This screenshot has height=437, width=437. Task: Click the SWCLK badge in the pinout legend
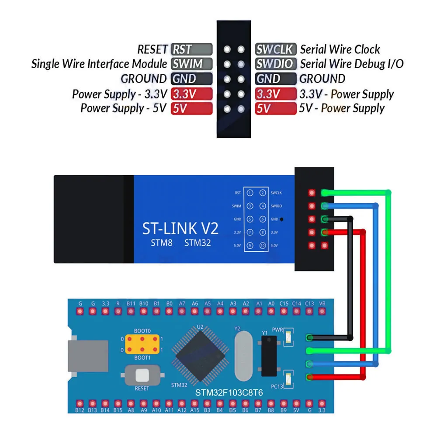coord(276,49)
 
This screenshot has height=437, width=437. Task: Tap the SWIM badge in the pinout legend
coord(191,64)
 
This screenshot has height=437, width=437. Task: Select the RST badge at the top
coord(191,49)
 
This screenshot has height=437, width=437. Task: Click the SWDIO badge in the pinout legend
coord(276,64)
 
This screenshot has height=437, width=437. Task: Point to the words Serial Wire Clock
coord(340,49)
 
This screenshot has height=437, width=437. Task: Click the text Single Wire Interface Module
coord(99,64)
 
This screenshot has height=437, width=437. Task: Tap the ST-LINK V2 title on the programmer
coord(180,228)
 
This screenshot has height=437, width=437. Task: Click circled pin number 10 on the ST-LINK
coord(262,246)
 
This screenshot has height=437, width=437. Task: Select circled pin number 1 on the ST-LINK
coord(250,193)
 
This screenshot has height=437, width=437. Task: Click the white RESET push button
coord(142,375)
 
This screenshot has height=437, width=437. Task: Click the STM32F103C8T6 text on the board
coord(229,393)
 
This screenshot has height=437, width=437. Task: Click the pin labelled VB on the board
coord(323,311)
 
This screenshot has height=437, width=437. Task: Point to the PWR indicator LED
coord(288,337)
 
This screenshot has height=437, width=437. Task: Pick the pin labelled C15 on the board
coord(284,311)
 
